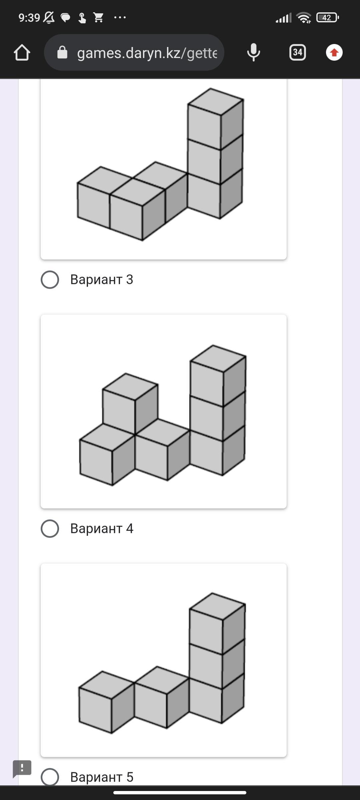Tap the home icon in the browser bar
tap(22, 52)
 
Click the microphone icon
tap(253, 52)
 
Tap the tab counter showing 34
tap(298, 52)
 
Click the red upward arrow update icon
tap(334, 52)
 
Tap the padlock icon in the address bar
tap(62, 52)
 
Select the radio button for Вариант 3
tap(50, 280)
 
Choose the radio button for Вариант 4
tap(50, 529)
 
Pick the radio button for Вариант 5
tap(50, 777)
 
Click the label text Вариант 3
tap(102, 280)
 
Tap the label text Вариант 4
tap(102, 529)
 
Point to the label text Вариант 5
tap(102, 777)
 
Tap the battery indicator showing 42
tap(327, 17)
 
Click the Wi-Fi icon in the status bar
tap(304, 18)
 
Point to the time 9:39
tap(29, 18)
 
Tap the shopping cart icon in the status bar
tap(98, 17)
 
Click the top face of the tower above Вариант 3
tap(216, 102)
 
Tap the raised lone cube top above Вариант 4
tap(130, 387)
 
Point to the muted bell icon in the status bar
tap(49, 18)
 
